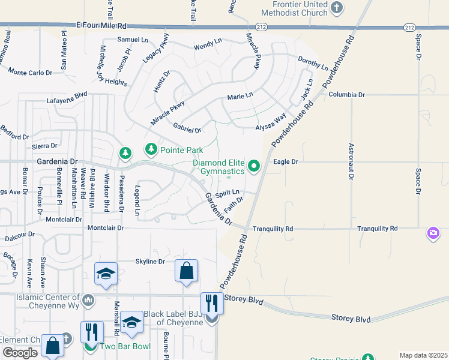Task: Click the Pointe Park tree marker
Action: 151,148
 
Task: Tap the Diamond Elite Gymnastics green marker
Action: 254,167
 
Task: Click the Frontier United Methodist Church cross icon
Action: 337,8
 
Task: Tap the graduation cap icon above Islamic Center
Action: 106,274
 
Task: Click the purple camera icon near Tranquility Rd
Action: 433,233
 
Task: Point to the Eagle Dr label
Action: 286,162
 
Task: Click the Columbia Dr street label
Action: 346,95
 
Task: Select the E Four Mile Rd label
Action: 102,26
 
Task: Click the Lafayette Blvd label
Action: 67,103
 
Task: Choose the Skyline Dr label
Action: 150,262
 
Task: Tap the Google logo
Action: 20,353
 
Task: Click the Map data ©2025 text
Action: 423,355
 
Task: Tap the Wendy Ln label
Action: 208,46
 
